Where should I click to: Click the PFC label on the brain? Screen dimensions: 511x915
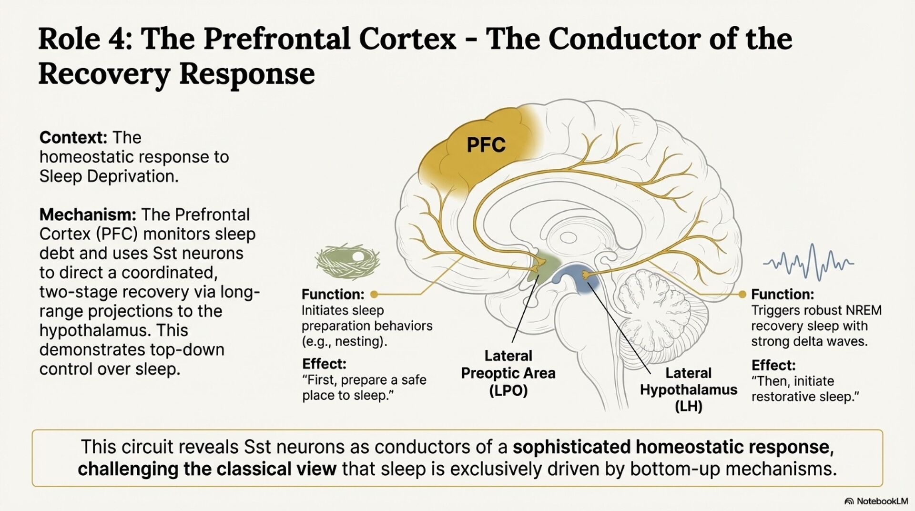click(x=486, y=145)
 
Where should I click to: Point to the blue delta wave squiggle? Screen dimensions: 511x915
click(x=808, y=262)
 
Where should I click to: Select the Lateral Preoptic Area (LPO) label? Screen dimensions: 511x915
click(x=508, y=373)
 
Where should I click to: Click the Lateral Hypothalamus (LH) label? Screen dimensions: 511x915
click(x=688, y=389)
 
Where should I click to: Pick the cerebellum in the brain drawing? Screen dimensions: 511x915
click(x=658, y=305)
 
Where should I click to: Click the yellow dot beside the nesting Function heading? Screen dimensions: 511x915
click(x=374, y=294)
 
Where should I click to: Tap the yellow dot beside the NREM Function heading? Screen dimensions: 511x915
click(x=742, y=294)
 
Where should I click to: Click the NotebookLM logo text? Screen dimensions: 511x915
click(x=882, y=501)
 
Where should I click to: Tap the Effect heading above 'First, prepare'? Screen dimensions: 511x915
click(x=324, y=364)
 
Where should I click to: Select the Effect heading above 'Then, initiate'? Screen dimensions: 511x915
click(x=773, y=366)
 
